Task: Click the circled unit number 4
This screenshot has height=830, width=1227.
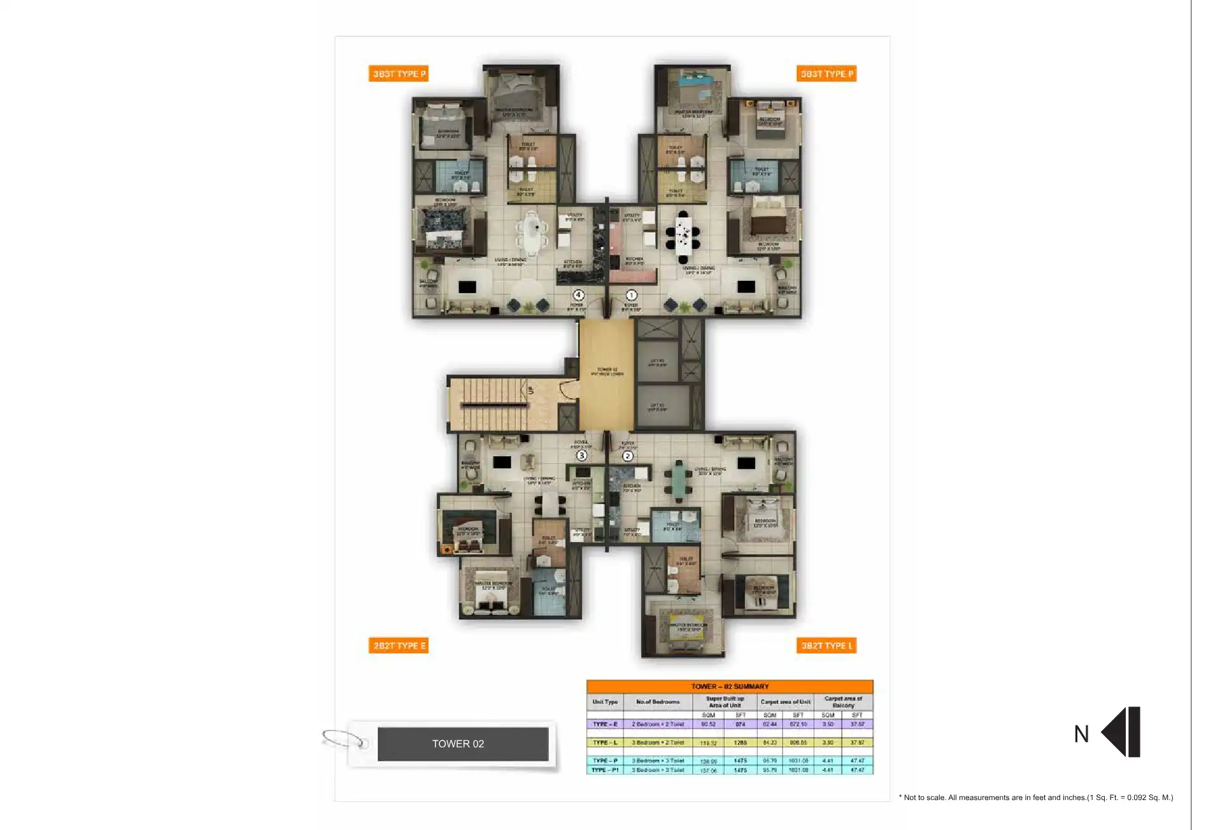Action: point(578,295)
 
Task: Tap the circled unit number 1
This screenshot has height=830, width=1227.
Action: point(631,295)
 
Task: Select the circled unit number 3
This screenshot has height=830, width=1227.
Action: point(581,455)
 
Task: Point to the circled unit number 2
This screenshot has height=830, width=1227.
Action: point(628,456)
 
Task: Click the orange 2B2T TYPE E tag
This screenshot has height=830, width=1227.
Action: point(399,645)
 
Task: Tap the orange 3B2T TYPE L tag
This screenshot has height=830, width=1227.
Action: point(826,645)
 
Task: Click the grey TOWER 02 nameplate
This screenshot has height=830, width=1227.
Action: point(463,743)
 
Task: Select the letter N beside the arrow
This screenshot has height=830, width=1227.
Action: point(1081,734)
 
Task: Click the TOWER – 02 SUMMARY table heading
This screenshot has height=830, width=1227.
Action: point(730,686)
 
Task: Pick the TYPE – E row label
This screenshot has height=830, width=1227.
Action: point(605,724)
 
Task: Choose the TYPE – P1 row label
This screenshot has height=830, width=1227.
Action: point(605,770)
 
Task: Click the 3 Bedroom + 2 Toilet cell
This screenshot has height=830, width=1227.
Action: point(658,743)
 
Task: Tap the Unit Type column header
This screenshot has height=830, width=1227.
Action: point(605,702)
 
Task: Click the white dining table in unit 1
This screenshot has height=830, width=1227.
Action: point(683,236)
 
